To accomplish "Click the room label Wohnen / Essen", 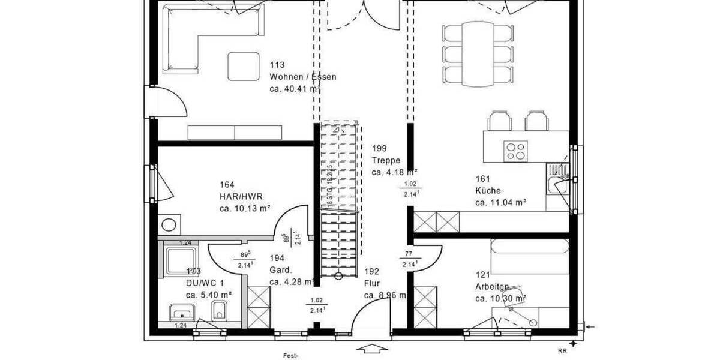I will point(303,77).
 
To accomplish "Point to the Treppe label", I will point(385,160).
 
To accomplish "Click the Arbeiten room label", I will point(493,286).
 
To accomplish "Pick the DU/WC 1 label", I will point(205,283).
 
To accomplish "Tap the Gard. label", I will point(281,269).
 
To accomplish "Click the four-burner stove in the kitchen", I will point(514,150).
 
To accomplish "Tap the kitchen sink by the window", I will point(557,181).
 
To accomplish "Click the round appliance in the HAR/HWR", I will point(170,226).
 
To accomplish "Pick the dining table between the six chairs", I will point(478,55).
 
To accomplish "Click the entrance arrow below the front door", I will point(372,349).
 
